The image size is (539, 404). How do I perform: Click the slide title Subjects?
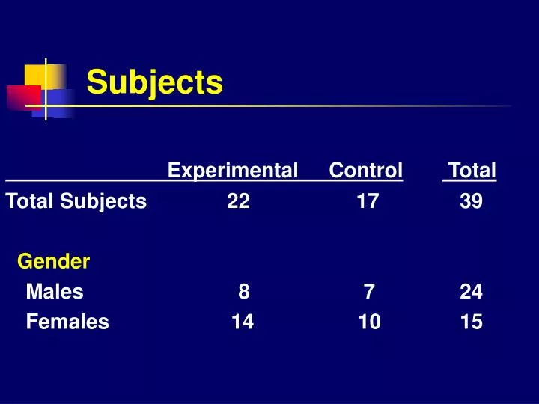(x=154, y=82)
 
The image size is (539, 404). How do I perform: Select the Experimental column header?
(x=233, y=171)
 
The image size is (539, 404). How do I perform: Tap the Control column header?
(x=365, y=171)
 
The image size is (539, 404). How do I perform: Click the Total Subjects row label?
(x=76, y=201)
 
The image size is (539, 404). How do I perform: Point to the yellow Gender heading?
(x=53, y=262)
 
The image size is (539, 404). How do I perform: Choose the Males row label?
(x=55, y=293)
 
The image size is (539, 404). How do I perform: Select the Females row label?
(x=67, y=322)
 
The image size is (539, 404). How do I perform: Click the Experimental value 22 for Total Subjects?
(x=239, y=201)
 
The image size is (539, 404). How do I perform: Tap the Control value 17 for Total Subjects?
(x=368, y=201)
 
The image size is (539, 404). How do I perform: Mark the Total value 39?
(x=472, y=201)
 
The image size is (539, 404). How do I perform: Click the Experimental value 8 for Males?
(x=244, y=293)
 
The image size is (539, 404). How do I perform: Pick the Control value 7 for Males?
(x=369, y=293)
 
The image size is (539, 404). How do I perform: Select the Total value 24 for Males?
(x=472, y=293)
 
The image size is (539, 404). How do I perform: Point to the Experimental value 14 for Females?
(x=243, y=322)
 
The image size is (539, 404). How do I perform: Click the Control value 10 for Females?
(x=369, y=322)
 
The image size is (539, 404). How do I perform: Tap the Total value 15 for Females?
(x=472, y=322)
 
